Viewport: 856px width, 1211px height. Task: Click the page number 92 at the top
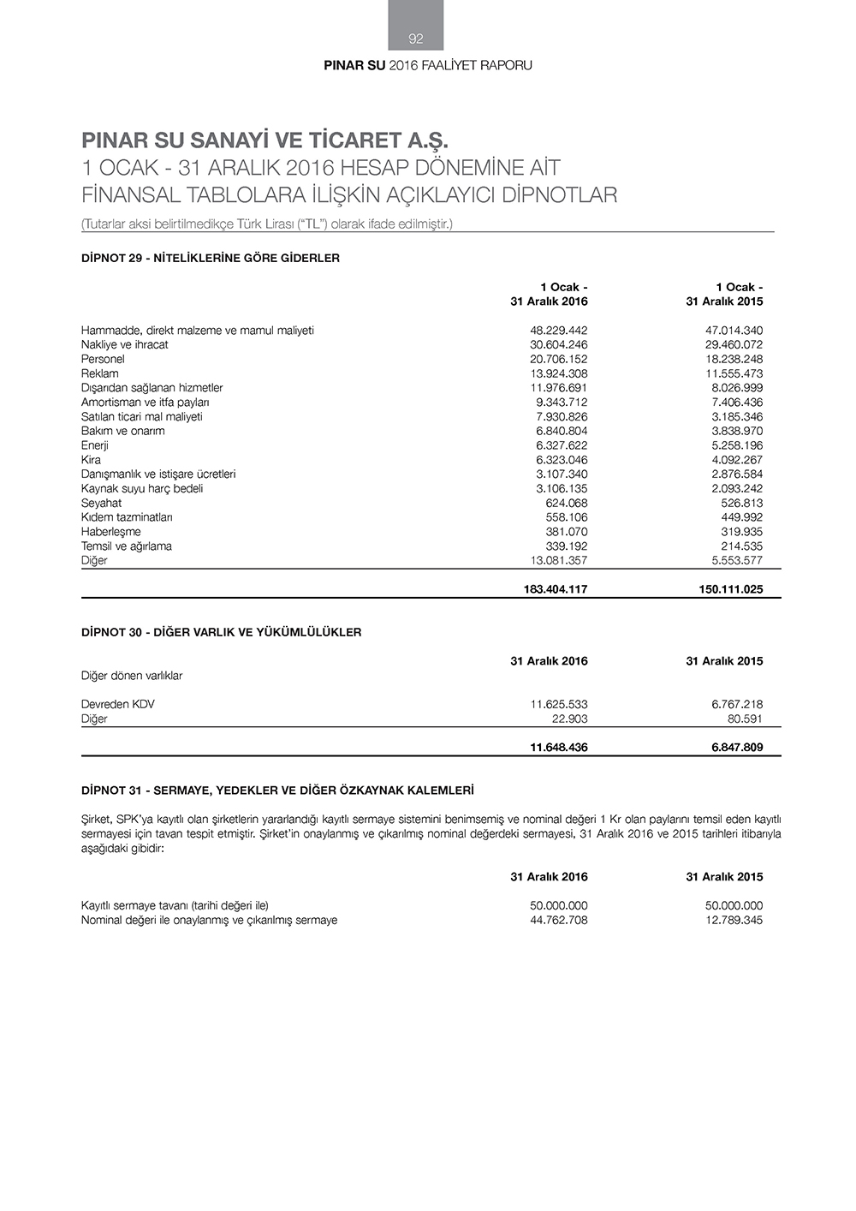pyautogui.click(x=416, y=39)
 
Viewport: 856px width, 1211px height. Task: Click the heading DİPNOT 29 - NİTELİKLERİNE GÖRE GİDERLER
pyautogui.click(x=211, y=258)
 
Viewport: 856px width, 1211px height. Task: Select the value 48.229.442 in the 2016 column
pyautogui.click(x=558, y=331)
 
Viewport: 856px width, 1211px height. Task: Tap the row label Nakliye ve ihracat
pyautogui.click(x=125, y=345)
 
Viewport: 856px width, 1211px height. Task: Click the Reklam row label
pyautogui.click(x=100, y=373)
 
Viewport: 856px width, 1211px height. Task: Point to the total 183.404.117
pyautogui.click(x=555, y=590)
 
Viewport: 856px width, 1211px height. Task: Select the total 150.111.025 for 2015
pyautogui.click(x=730, y=590)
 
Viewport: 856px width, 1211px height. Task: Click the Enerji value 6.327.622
pyautogui.click(x=562, y=445)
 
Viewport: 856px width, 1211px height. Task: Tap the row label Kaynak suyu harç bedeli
pyautogui.click(x=142, y=489)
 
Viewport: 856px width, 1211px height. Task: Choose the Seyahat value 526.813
pyautogui.click(x=741, y=504)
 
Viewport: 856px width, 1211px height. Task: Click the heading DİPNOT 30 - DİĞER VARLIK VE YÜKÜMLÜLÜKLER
pyautogui.click(x=221, y=633)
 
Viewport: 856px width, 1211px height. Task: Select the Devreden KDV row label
pyautogui.click(x=118, y=705)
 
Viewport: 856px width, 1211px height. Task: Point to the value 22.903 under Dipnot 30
pyautogui.click(x=569, y=719)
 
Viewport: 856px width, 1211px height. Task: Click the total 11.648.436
pyautogui.click(x=558, y=748)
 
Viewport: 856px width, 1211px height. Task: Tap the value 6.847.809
pyautogui.click(x=736, y=748)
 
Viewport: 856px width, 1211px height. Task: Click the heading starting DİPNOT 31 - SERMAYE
pyautogui.click(x=277, y=790)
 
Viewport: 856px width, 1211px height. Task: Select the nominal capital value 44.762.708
pyautogui.click(x=558, y=921)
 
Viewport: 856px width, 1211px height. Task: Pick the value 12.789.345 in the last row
pyautogui.click(x=734, y=921)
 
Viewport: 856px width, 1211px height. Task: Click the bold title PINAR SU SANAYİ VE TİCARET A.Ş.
pyautogui.click(x=265, y=140)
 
